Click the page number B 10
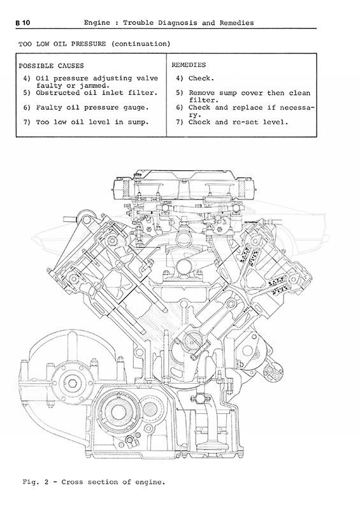pyautogui.click(x=22, y=23)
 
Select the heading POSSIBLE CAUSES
pyautogui.click(x=51, y=66)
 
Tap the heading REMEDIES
pyautogui.click(x=189, y=65)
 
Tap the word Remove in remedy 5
pyautogui.click(x=201, y=93)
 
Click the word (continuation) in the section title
pyautogui.click(x=140, y=44)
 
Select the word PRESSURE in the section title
pyautogui.click(x=88, y=43)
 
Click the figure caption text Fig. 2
pyautogui.click(x=35, y=482)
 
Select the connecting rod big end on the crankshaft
pyautogui.click(x=191, y=342)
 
